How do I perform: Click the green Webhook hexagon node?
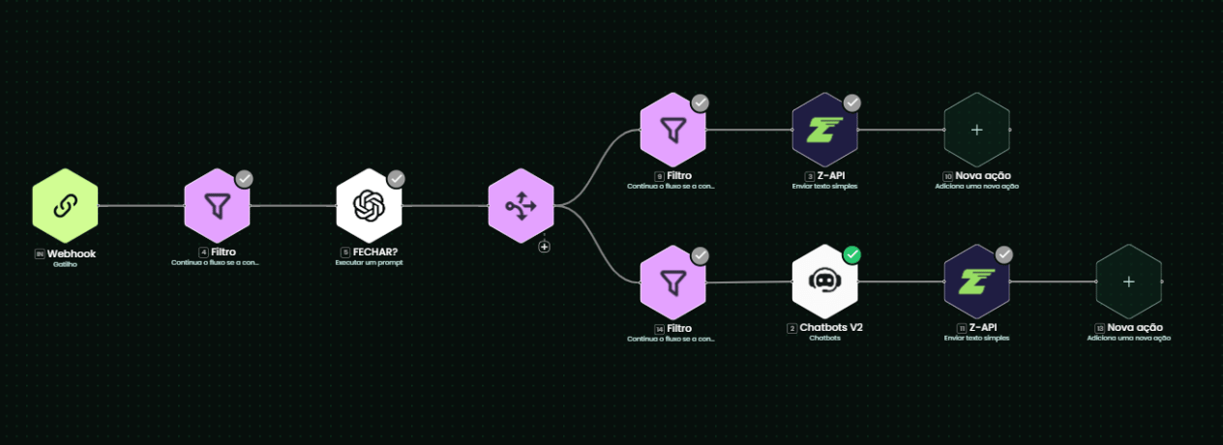click(65, 206)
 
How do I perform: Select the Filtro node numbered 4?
click(217, 206)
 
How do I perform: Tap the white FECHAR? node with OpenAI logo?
click(369, 206)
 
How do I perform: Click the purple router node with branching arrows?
click(521, 206)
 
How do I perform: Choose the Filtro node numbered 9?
click(672, 129)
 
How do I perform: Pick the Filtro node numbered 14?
click(672, 282)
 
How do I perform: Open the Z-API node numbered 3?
click(824, 129)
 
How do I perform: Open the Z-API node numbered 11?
click(976, 282)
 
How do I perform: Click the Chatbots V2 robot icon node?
click(824, 282)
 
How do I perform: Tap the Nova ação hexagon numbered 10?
click(976, 129)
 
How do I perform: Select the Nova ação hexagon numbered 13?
click(1128, 282)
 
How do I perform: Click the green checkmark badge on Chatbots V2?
click(851, 254)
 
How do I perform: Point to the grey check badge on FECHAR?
click(396, 179)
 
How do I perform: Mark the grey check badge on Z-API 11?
click(1004, 254)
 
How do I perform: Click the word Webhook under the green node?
click(72, 253)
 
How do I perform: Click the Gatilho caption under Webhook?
click(65, 263)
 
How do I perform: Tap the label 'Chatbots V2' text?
click(831, 328)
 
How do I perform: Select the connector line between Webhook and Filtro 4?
click(140, 206)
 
